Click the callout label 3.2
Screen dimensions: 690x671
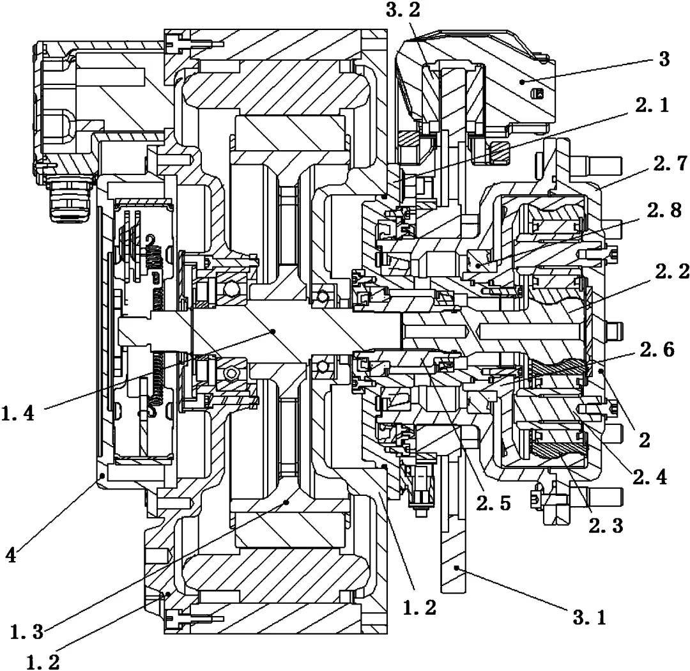(x=402, y=10)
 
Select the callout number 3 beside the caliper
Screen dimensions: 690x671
(x=664, y=59)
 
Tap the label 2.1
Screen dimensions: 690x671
(x=652, y=105)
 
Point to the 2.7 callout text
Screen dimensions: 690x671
(x=670, y=164)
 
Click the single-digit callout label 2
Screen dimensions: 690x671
(x=645, y=440)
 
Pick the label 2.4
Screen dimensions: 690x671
(x=650, y=477)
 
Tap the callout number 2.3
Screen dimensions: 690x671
(x=606, y=525)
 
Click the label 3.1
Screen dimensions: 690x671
(x=589, y=617)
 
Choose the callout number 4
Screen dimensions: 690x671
(x=11, y=555)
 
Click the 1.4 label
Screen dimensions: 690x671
(x=18, y=413)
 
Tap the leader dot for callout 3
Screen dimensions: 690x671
(x=522, y=81)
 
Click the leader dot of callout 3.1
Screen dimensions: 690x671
(x=457, y=567)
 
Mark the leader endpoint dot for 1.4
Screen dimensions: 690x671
(x=273, y=330)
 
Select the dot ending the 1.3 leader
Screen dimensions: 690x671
(x=286, y=502)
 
